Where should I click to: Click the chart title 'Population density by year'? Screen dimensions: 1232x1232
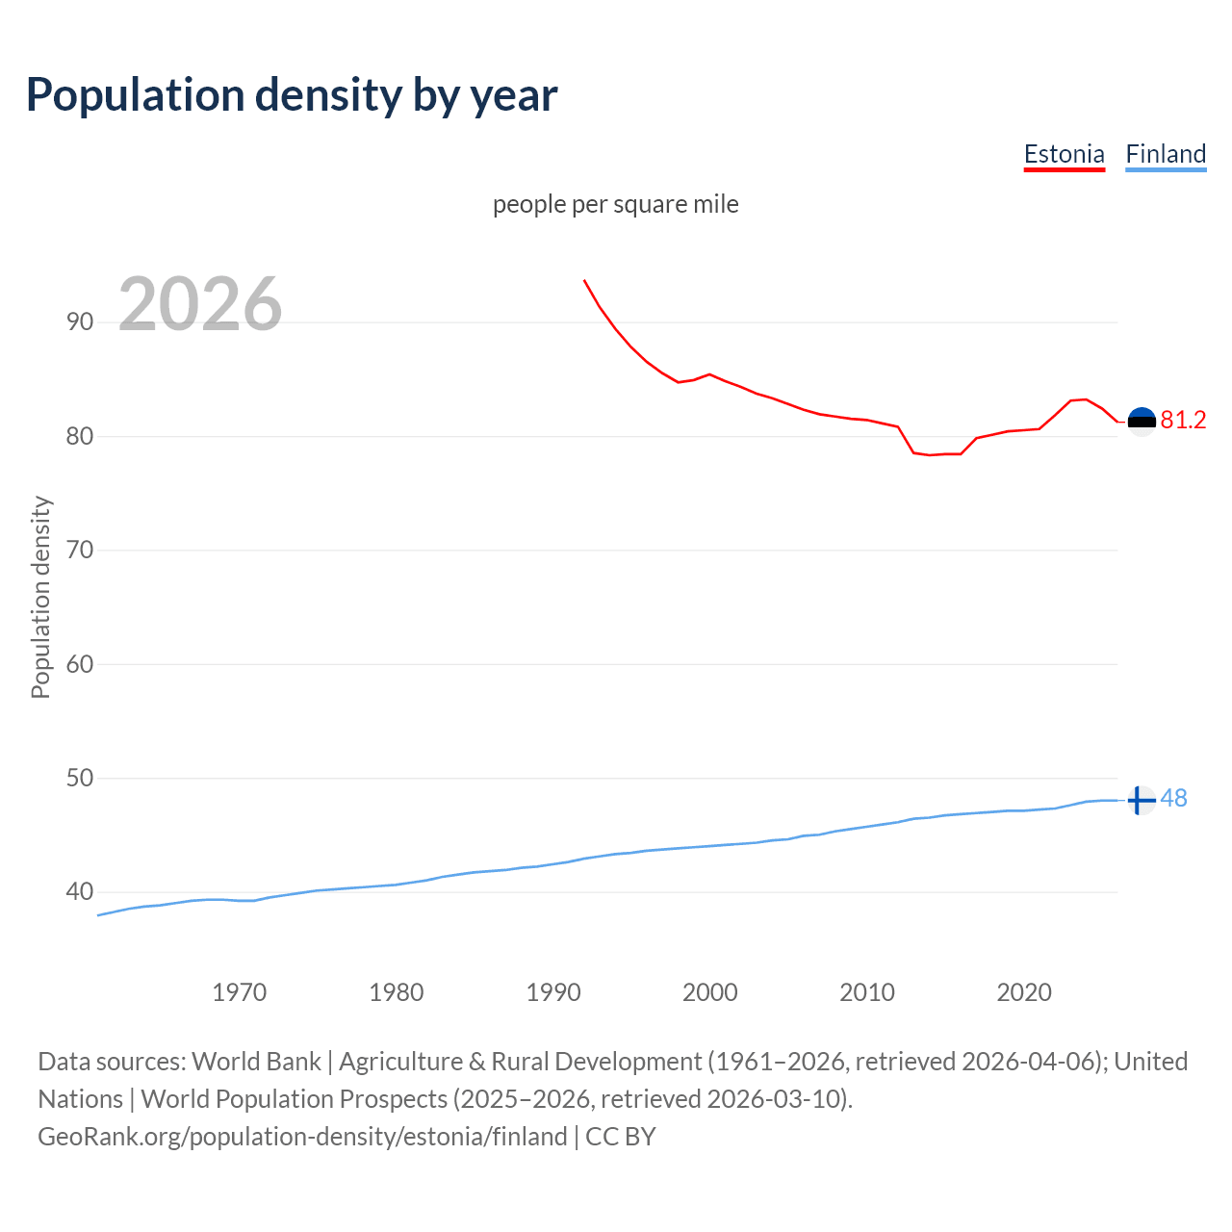pyautogui.click(x=292, y=95)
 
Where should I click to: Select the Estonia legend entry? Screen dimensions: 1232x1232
pyautogui.click(x=1064, y=154)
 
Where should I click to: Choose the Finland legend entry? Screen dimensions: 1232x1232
pyautogui.click(x=1166, y=154)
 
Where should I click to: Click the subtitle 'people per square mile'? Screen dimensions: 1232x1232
pyautogui.click(x=615, y=204)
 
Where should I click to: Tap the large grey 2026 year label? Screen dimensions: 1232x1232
pyautogui.click(x=200, y=304)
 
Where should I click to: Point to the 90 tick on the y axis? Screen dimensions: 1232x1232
pyautogui.click(x=80, y=321)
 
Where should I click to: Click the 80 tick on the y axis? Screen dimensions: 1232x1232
pyautogui.click(x=80, y=436)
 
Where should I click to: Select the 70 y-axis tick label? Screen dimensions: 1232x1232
pyautogui.click(x=80, y=550)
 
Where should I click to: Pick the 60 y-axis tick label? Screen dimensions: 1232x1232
pyautogui.click(x=80, y=664)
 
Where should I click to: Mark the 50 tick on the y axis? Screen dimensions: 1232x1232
pyautogui.click(x=80, y=778)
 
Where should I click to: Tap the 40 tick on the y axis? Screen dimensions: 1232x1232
pyautogui.click(x=80, y=891)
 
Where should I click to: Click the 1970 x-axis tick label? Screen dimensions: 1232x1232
pyautogui.click(x=240, y=992)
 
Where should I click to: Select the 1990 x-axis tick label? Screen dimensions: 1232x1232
pyautogui.click(x=553, y=992)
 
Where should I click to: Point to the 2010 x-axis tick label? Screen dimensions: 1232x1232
pyautogui.click(x=867, y=992)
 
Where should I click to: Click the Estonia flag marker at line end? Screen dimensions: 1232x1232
pyautogui.click(x=1142, y=421)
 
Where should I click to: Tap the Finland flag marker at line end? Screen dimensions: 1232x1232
pyautogui.click(x=1142, y=800)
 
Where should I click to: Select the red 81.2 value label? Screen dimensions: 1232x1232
pyautogui.click(x=1183, y=420)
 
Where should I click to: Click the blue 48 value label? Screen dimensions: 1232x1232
pyautogui.click(x=1173, y=798)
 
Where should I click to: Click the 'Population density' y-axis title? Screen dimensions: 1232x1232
pyautogui.click(x=40, y=597)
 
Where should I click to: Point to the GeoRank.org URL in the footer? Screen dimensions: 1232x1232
pyautogui.click(x=302, y=1137)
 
